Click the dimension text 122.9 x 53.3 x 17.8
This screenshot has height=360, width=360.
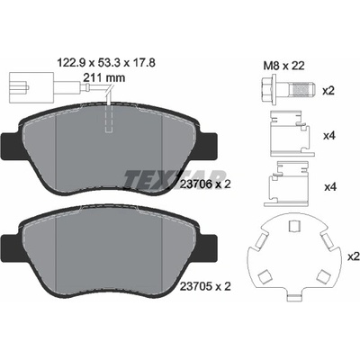(x=106, y=63)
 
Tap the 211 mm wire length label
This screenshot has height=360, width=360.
(x=103, y=78)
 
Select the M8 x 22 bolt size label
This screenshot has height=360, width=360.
(x=283, y=66)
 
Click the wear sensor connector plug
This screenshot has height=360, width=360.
(x=19, y=87)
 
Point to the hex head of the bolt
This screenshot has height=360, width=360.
(x=268, y=89)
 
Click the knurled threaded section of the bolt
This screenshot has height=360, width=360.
(x=301, y=89)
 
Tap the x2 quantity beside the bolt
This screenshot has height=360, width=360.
(x=328, y=91)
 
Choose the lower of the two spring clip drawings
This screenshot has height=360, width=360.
(x=286, y=184)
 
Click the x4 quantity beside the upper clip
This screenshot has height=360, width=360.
(x=329, y=136)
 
